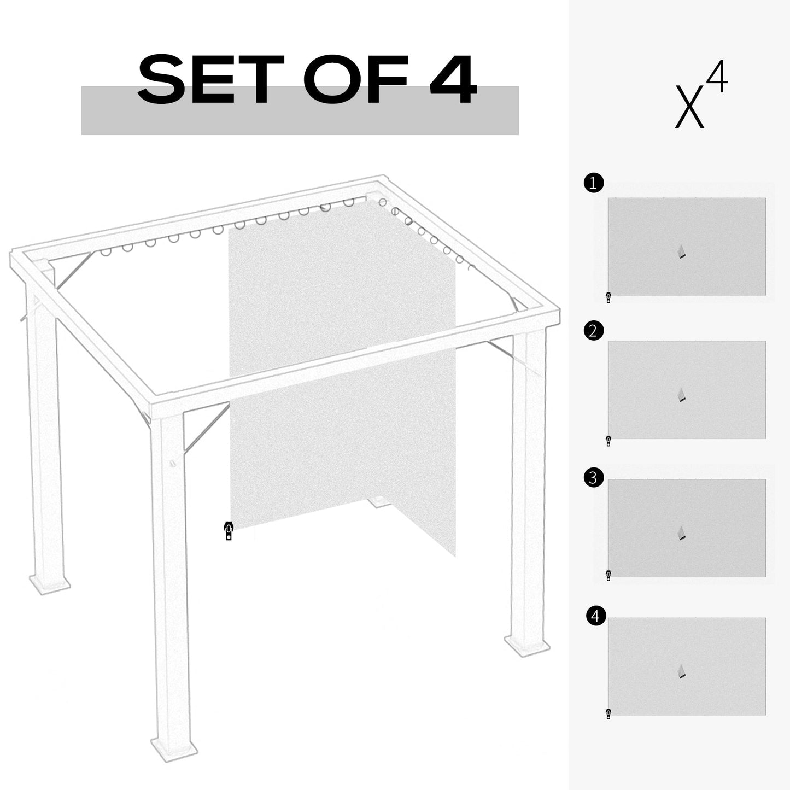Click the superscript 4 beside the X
click(717, 78)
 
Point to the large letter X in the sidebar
click(689, 107)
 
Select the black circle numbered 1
click(594, 183)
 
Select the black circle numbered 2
click(594, 331)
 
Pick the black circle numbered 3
click(594, 478)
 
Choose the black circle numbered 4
click(595, 616)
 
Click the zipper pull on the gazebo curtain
click(229, 531)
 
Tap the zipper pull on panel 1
click(608, 297)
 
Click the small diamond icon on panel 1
click(681, 251)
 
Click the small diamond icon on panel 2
click(681, 395)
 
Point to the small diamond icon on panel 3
click(681, 533)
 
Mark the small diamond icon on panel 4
click(681, 671)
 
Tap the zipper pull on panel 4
click(608, 713)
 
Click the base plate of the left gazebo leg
click(49, 582)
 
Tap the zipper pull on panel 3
click(608, 575)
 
